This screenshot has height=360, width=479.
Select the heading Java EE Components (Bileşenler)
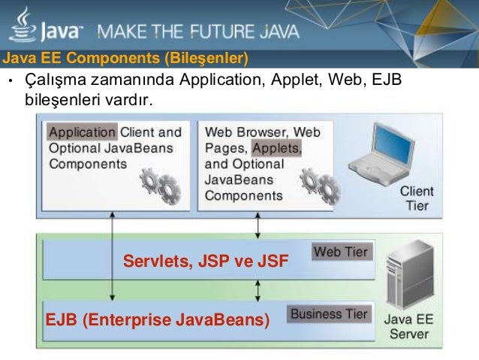[x=124, y=58]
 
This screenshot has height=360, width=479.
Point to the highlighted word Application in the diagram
[x=83, y=132]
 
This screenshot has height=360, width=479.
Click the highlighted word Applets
[x=277, y=148]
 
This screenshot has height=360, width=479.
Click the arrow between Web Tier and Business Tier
[x=258, y=290]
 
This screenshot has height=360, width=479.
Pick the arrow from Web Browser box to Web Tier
[x=258, y=223]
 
